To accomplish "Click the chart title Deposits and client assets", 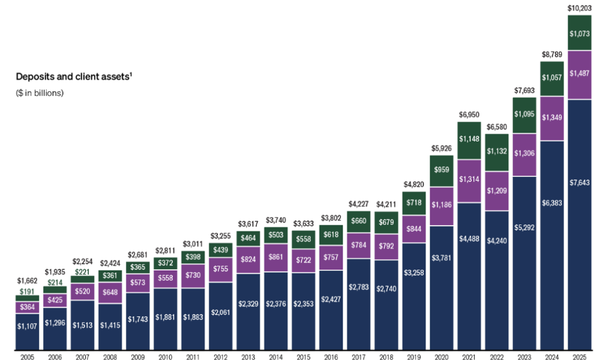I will pos(73,77).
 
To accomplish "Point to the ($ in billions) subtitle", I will pos(40,93).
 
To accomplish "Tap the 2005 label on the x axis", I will pos(27,357).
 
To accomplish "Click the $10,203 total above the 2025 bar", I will pos(580,8).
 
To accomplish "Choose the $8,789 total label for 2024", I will pos(552,55).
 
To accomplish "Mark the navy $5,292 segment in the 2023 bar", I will pos(524,227).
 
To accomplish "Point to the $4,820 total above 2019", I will pos(414,167).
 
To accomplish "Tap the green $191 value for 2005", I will pos(27,292).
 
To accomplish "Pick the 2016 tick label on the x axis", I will pos(331,357).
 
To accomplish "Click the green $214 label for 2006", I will pos(55,282).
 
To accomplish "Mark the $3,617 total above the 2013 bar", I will pos(248,224).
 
